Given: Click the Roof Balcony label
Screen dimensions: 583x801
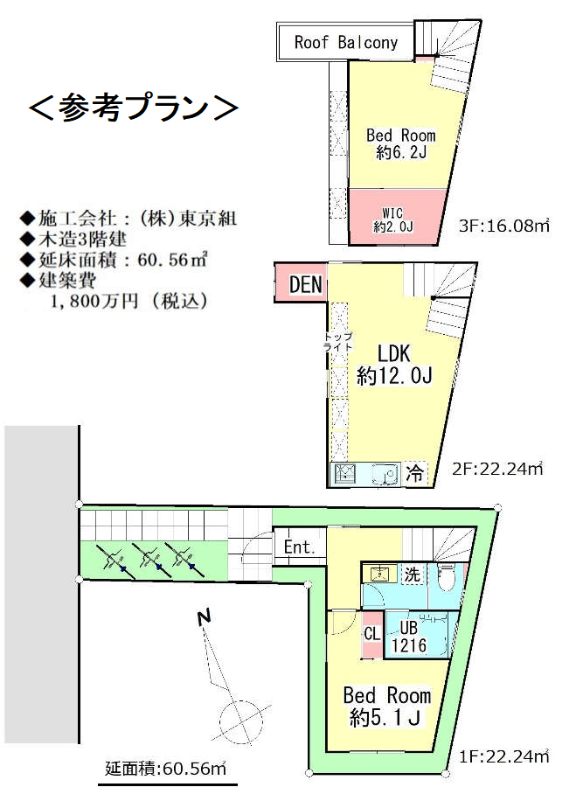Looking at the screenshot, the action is coord(345,42).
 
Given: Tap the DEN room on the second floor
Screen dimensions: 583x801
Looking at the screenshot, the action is coord(301,283).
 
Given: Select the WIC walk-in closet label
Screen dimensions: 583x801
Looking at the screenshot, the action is coord(392,219).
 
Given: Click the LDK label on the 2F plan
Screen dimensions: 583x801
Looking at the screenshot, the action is coord(393,353).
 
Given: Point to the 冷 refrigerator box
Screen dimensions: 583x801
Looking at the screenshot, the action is coord(414,473).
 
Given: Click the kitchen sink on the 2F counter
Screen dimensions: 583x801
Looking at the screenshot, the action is coord(385,474).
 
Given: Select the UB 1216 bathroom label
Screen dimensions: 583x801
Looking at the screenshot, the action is coord(408,636).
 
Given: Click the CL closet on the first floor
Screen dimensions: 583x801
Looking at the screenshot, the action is coord(372,634).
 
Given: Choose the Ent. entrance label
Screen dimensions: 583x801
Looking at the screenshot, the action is coord(299,547).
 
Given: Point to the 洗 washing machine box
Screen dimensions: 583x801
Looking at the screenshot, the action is coord(412,574).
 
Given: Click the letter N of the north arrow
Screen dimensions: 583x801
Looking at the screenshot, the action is coord(205,617).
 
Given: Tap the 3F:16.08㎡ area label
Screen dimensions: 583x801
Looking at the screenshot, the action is coord(504,226).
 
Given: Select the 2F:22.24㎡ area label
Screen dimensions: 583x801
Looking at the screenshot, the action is coord(497,469).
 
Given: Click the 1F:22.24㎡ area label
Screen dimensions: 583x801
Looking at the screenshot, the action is coord(503,756).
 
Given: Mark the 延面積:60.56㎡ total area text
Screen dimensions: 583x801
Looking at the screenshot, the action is coord(165,769).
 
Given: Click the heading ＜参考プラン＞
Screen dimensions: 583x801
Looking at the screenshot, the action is coord(133,108).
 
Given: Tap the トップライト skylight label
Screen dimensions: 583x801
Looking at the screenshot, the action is coord(338,342).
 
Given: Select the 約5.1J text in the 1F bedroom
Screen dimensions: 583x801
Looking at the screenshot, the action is coord(385,718).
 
